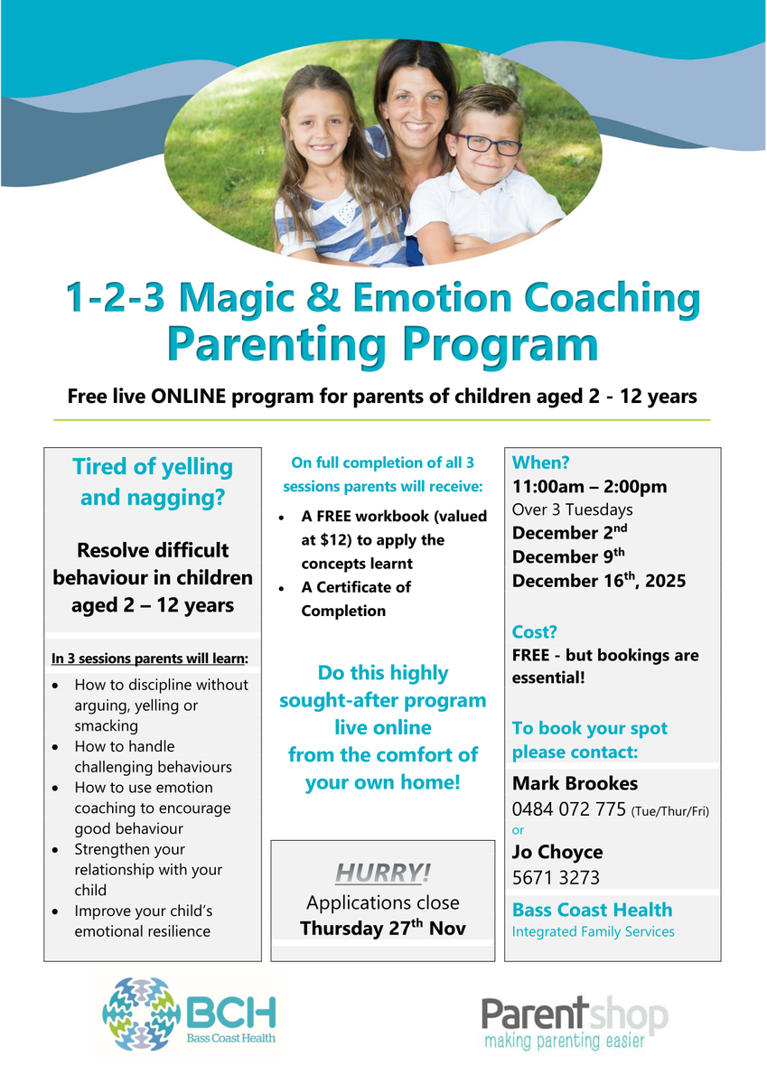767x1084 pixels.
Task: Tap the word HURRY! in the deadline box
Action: (383, 873)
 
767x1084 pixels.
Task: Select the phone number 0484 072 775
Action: (569, 809)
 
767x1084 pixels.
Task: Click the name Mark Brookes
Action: (575, 783)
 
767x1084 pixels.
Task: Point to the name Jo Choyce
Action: (557, 852)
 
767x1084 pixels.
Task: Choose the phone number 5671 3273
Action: (556, 878)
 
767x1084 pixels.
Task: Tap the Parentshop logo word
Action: (575, 1014)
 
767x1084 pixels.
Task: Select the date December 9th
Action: (568, 556)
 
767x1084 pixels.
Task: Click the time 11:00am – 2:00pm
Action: (589, 486)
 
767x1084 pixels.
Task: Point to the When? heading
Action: (540, 463)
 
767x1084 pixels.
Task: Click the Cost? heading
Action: (534, 631)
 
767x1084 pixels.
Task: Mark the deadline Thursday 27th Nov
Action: (383, 929)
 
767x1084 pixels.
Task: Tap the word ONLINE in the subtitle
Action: (189, 396)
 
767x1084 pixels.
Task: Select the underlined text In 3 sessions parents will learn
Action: (150, 659)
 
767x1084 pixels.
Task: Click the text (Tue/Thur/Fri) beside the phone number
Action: (670, 811)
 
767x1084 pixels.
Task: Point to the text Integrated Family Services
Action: (594, 931)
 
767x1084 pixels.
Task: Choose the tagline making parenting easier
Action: (565, 1040)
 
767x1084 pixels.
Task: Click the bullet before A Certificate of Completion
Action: (282, 588)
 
